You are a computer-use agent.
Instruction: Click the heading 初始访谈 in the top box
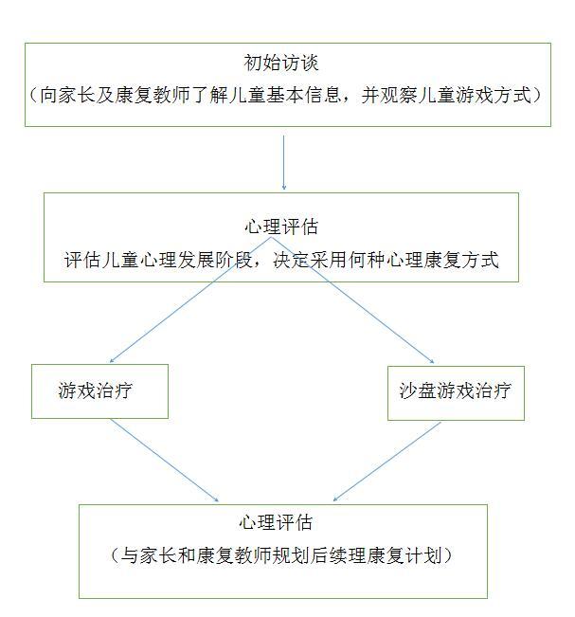point(280,63)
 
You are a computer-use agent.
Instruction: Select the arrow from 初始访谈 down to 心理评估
point(283,163)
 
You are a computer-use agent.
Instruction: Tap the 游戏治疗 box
point(99,391)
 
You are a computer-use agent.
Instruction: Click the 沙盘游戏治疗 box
point(456,393)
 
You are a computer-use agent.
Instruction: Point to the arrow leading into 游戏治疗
point(190,299)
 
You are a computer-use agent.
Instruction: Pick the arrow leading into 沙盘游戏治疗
point(352,299)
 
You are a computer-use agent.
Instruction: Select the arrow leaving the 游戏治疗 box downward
point(165,460)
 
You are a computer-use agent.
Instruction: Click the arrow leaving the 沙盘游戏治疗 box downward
point(387,462)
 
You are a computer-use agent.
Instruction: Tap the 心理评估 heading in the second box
point(280,227)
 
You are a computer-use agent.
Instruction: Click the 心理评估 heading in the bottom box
point(276,522)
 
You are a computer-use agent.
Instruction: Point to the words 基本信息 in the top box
point(303,95)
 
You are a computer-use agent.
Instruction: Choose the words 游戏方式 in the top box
point(493,95)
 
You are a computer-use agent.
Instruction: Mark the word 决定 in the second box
point(292,260)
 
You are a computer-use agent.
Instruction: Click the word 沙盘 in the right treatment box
point(418,390)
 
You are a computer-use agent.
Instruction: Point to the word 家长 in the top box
point(77,95)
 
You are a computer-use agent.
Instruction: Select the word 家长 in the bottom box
point(158,555)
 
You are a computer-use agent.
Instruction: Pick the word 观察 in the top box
point(398,95)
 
